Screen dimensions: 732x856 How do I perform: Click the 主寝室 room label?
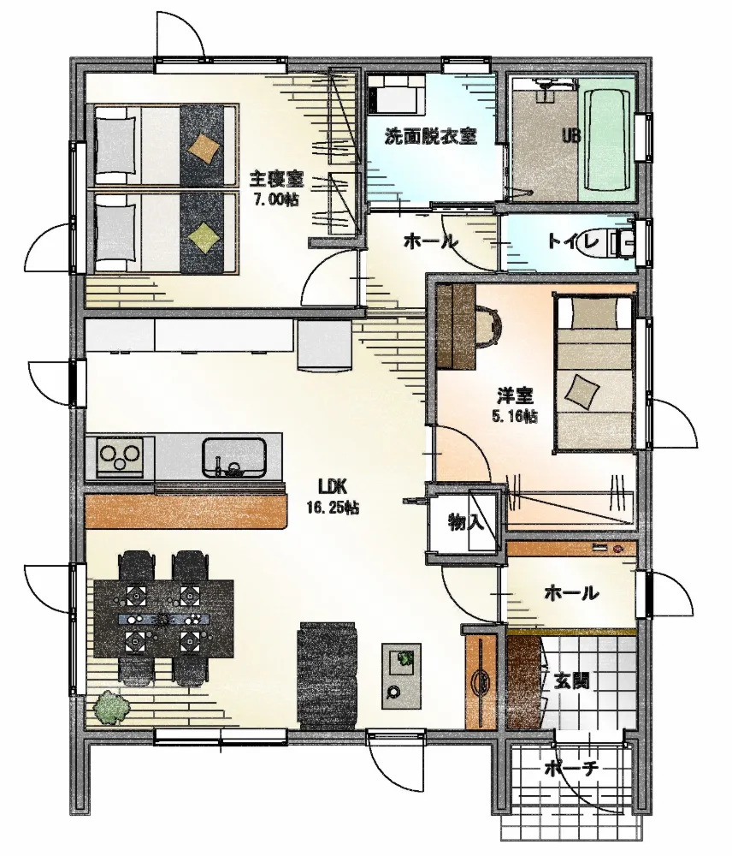coord(276,179)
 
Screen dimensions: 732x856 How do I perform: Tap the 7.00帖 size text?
coord(276,199)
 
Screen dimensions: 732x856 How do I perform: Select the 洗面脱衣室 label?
coord(431,136)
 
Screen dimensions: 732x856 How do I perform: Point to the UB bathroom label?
coord(571,135)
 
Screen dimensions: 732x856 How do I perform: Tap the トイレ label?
coord(573,241)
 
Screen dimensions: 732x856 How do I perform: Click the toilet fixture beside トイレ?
coord(622,243)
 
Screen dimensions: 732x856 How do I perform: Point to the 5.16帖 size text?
coord(514,417)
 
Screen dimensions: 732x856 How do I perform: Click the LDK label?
coord(333,485)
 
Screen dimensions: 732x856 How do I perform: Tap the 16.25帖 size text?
coord(333,508)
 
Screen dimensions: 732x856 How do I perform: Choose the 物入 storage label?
coord(466,522)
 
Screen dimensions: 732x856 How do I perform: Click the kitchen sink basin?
coord(234,457)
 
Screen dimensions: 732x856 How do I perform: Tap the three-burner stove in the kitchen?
coord(120,457)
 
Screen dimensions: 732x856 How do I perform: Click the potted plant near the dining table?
coord(112,709)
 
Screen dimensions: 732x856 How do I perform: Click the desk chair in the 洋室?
coord(489,328)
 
